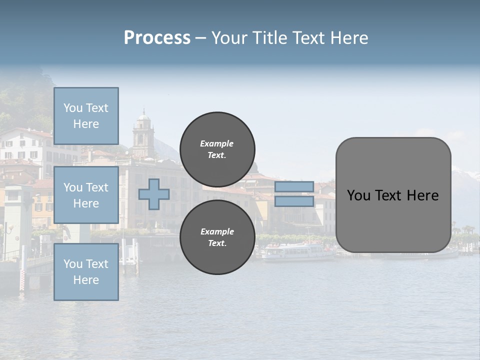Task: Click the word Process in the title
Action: click(157, 38)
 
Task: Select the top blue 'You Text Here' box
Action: click(86, 116)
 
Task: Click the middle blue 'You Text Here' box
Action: click(86, 195)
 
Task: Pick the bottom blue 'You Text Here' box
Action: click(86, 272)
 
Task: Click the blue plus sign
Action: click(154, 194)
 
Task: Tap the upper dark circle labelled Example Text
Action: click(217, 149)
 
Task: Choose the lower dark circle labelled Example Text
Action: click(217, 237)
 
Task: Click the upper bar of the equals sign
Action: click(294, 187)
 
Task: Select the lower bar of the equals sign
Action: click(294, 201)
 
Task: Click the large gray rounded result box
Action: click(393, 195)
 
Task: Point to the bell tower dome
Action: click(143, 117)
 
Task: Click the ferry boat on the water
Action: click(298, 251)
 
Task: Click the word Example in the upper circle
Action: click(217, 143)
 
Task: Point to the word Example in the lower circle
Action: click(217, 231)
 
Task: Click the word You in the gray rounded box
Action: click(358, 195)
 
